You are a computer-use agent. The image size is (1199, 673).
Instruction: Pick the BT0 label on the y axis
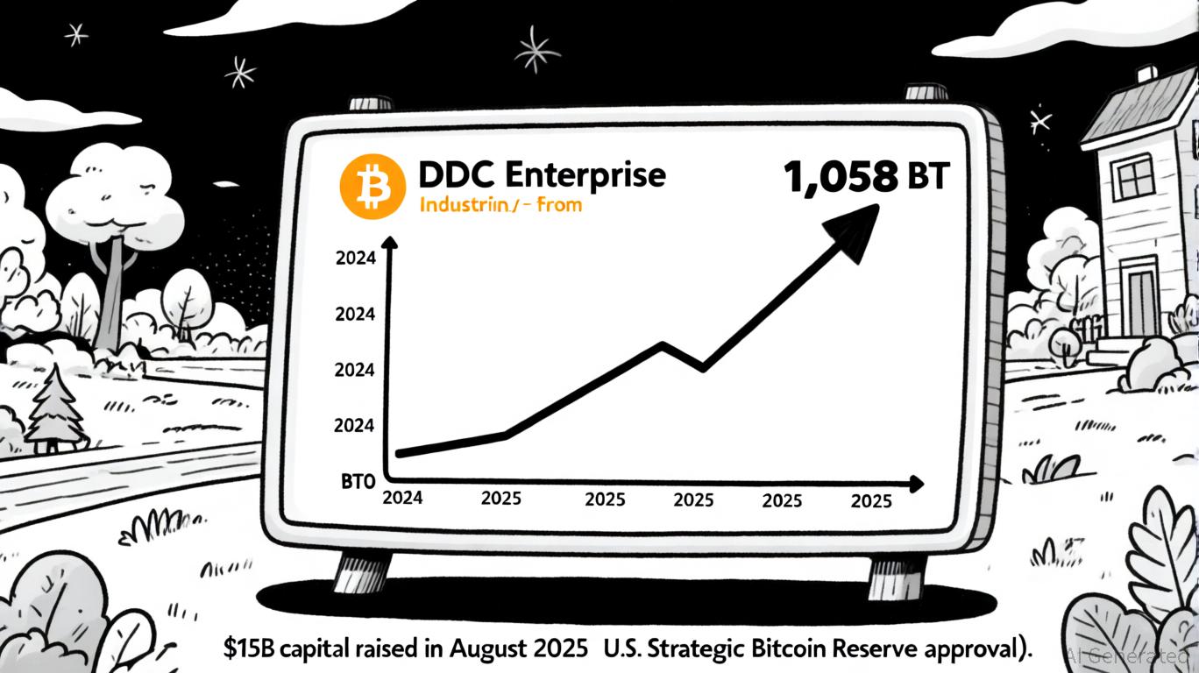click(357, 481)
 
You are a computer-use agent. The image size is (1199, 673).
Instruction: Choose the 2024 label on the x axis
click(403, 498)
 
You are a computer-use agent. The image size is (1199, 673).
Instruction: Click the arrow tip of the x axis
click(919, 483)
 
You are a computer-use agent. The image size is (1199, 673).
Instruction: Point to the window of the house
click(1136, 180)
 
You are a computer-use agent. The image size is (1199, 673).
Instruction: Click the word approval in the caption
click(976, 650)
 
